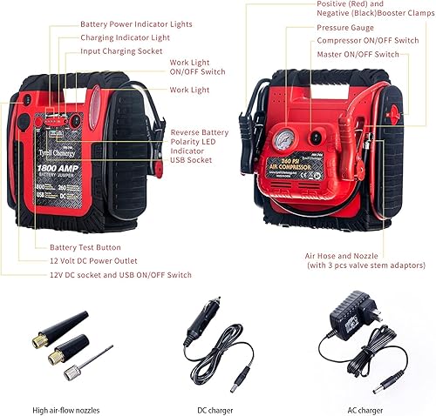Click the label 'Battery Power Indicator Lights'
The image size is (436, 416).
(x=137, y=24)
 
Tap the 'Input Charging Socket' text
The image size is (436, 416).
(x=120, y=51)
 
